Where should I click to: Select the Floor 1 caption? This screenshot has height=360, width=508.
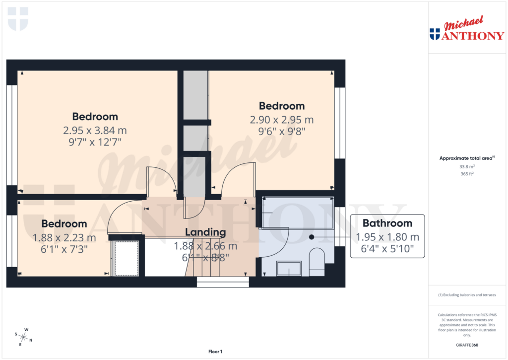pyautogui.click(x=216, y=352)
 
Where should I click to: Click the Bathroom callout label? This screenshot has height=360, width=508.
pyautogui.click(x=387, y=223)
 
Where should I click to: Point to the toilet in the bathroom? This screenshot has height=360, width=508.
pyautogui.click(x=316, y=262)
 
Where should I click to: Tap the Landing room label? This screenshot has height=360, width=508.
pyautogui.click(x=205, y=232)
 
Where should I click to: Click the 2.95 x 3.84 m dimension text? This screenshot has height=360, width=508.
pyautogui.click(x=95, y=131)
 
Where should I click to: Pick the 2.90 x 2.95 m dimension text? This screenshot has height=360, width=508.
pyautogui.click(x=281, y=120)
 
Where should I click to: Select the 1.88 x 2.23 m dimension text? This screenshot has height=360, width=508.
pyautogui.click(x=64, y=238)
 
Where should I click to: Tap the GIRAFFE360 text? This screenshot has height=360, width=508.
pyautogui.click(x=467, y=345)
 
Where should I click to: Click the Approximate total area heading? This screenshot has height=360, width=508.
pyautogui.click(x=466, y=158)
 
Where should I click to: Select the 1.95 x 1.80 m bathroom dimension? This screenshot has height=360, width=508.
pyautogui.click(x=387, y=237)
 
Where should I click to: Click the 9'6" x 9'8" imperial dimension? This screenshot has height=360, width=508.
pyautogui.click(x=281, y=132)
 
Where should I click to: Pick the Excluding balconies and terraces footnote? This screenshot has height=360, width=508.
pyautogui.click(x=467, y=295)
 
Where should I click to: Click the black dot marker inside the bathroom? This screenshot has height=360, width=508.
pyautogui.click(x=312, y=237)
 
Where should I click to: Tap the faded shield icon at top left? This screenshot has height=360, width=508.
pyautogui.click(x=18, y=18)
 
